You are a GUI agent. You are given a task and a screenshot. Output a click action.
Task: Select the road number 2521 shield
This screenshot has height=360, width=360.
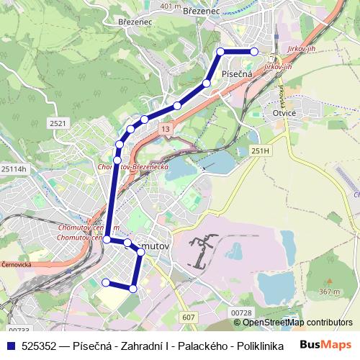coord(58,124)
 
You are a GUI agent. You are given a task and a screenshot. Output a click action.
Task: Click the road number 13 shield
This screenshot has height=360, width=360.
coord(166,128)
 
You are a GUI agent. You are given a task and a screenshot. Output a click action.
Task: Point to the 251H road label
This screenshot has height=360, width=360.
coord(260,150)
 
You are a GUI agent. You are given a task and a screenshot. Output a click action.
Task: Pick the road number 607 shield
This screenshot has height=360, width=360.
coord(189,318)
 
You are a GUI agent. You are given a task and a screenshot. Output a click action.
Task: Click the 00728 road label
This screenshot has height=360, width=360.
coord(241,312)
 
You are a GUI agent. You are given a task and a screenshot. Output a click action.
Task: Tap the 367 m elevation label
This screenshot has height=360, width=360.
coord(330,292)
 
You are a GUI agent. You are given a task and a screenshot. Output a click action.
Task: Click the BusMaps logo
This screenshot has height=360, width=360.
coord(325,345)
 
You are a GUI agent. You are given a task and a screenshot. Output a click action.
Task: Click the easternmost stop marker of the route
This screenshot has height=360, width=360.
coord(254,52)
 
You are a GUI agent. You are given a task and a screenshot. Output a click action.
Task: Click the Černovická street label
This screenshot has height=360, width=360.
coord(16,264)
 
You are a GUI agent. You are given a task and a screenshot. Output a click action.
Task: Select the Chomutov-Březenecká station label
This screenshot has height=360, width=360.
coord(132,167)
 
